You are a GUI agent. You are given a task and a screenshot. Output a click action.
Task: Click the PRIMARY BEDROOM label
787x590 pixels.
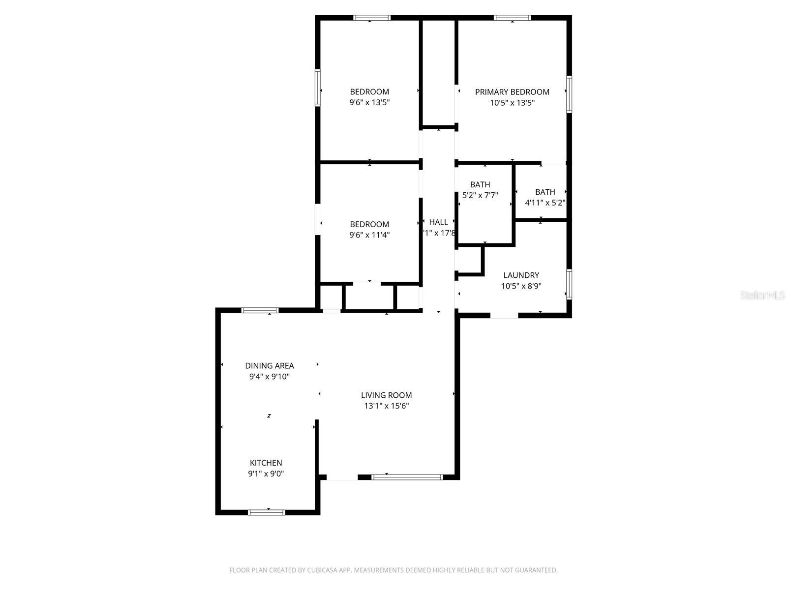pos(512,92)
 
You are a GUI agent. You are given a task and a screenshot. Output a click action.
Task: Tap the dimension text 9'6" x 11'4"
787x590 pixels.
pos(369,235)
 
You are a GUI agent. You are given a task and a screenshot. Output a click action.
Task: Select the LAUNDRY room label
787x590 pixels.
pos(521,275)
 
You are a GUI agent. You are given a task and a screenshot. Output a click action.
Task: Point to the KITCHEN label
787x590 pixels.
pos(266,463)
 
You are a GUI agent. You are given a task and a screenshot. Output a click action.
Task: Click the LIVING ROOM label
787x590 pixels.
pos(386,395)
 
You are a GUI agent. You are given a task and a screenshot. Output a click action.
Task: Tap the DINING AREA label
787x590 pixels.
pos(270,366)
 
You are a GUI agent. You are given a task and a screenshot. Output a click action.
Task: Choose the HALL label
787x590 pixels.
pos(438,222)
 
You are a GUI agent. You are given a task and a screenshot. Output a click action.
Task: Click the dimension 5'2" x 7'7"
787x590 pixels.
pos(480,195)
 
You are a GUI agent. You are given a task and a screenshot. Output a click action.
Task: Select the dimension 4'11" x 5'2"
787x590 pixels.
pos(545,203)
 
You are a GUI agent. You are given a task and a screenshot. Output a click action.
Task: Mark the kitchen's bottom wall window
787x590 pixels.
pos(267,512)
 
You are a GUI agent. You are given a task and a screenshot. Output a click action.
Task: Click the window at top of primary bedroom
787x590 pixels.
pos(513,18)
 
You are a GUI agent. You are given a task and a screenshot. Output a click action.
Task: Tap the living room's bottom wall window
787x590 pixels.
pos(407,477)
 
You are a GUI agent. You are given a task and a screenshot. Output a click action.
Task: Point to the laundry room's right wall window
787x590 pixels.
pos(569,284)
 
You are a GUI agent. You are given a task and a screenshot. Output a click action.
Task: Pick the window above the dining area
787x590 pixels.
pos(260,310)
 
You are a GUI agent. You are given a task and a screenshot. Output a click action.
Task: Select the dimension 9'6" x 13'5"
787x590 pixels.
pos(369,103)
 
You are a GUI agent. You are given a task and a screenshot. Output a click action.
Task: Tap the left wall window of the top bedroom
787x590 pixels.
pos(318,88)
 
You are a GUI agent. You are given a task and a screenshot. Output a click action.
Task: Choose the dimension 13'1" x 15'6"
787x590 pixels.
pos(386,406)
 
